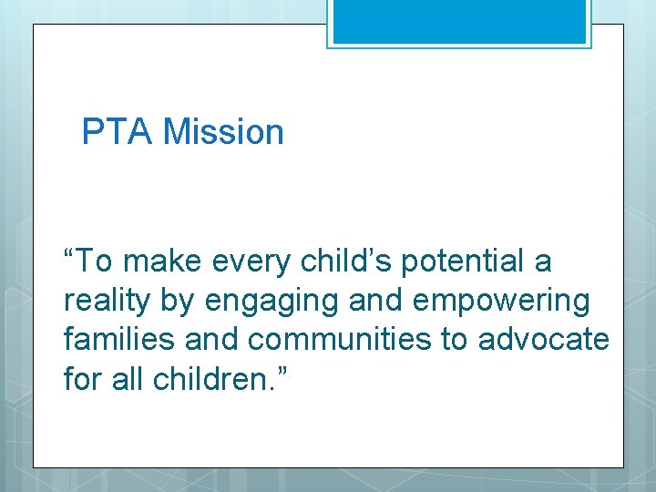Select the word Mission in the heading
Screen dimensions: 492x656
click(x=224, y=132)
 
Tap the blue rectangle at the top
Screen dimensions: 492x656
click(x=459, y=21)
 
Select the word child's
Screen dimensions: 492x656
click(x=332, y=261)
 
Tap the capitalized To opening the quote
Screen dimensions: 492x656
click(x=94, y=261)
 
